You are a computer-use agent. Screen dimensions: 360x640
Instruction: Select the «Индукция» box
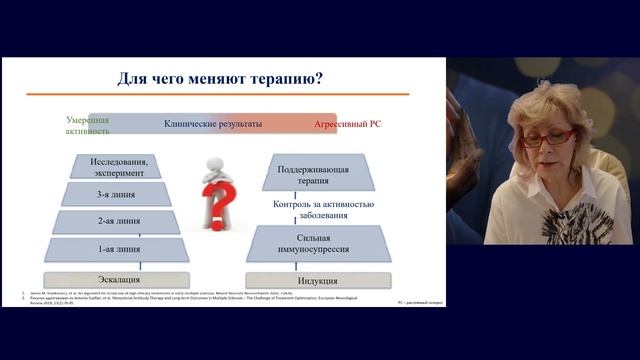pos(317,281)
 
